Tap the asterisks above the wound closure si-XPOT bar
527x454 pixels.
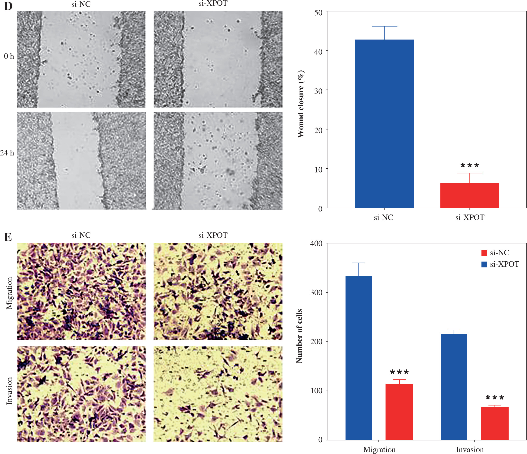[470, 166]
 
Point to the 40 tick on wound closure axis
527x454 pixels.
[318, 51]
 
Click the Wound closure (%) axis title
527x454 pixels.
[301, 104]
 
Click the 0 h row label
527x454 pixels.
[9, 56]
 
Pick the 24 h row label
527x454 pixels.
[7, 153]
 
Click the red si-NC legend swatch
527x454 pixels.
[484, 253]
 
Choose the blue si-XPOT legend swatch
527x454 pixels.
[484, 264]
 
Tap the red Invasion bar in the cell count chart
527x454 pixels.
[494, 423]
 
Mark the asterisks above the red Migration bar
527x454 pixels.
[399, 372]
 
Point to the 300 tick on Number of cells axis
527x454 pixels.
[316, 292]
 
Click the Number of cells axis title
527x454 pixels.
[299, 336]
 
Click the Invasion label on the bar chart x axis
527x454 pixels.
[470, 449]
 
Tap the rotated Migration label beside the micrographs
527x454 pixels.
[9, 293]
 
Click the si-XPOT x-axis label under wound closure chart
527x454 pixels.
[470, 218]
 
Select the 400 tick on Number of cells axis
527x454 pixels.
[316, 244]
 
